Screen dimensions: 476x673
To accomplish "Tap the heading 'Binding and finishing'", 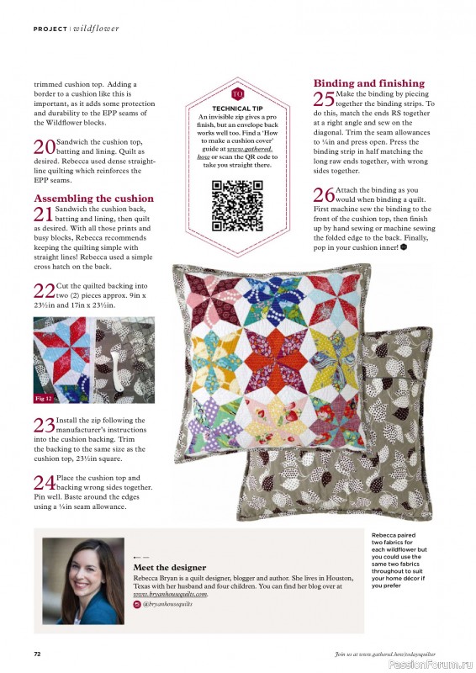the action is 369,83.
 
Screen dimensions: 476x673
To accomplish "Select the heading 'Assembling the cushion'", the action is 93,199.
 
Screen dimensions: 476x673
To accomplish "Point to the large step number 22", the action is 44,292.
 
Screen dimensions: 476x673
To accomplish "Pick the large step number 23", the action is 44,426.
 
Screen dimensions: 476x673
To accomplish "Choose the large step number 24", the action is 44,483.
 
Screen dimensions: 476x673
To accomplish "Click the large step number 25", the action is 324,99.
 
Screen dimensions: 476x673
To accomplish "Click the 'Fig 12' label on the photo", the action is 45,396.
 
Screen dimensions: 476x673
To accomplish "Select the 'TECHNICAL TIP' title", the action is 237,109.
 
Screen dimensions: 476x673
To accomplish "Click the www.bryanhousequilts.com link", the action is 170,594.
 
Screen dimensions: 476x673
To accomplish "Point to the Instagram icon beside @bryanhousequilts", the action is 138,605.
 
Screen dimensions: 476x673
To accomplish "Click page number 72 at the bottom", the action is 37,653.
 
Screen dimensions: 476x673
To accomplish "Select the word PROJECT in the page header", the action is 50,29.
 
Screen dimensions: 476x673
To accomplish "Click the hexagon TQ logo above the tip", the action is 237,93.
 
